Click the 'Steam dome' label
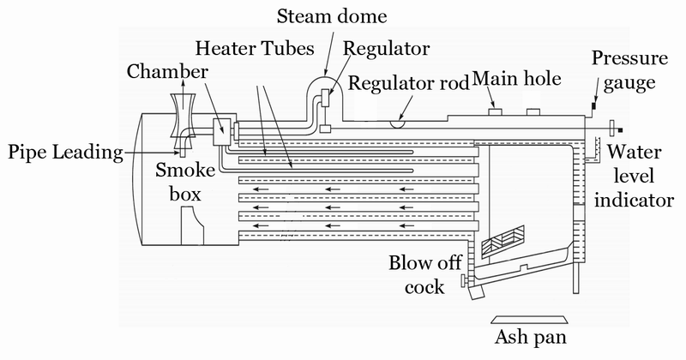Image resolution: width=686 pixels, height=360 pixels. (332, 16)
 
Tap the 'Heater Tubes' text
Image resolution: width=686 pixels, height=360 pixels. (255, 48)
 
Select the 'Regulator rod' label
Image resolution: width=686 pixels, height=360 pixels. (409, 83)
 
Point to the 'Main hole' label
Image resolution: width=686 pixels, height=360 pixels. (517, 79)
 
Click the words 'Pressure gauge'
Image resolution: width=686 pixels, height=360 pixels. (630, 70)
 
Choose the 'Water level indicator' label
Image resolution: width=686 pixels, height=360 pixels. (634, 176)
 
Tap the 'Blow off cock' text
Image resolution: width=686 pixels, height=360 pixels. (424, 274)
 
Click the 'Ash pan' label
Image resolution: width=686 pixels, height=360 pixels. (531, 337)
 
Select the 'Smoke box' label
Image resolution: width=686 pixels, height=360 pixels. (185, 182)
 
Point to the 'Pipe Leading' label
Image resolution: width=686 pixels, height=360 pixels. (65, 153)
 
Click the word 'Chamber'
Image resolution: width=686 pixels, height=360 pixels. (167, 72)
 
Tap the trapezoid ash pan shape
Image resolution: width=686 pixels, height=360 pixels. (529, 320)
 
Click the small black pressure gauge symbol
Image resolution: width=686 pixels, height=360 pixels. (594, 105)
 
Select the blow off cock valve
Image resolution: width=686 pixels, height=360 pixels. (465, 280)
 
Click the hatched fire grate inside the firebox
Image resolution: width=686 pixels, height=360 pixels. (502, 241)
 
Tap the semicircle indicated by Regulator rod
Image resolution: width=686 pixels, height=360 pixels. (399, 123)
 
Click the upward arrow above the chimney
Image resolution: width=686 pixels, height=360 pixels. (183, 86)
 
